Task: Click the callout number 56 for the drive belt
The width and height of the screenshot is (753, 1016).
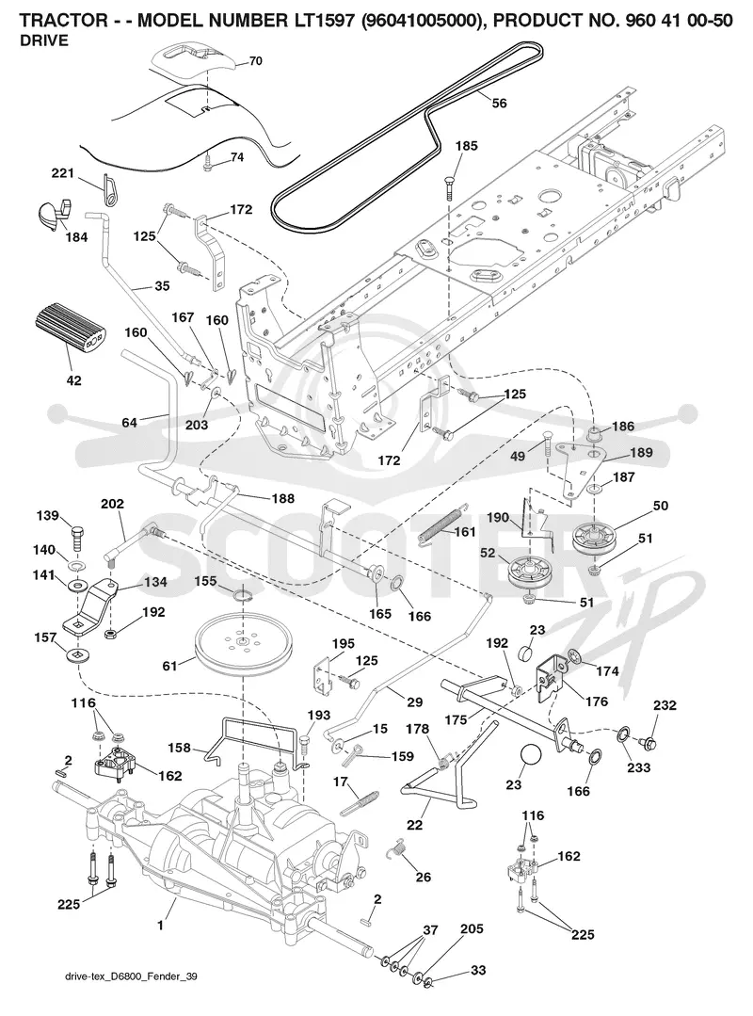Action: (x=499, y=103)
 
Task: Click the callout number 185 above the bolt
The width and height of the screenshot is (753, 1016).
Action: (x=466, y=146)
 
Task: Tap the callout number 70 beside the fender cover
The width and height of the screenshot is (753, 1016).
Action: (x=255, y=61)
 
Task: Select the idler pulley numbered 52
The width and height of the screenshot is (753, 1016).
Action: (x=530, y=571)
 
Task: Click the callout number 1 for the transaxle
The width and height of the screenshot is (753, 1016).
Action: (x=160, y=926)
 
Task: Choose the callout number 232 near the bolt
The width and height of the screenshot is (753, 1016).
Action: (x=665, y=705)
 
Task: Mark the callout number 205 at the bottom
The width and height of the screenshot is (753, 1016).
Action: (x=472, y=928)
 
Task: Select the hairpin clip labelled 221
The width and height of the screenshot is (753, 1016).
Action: (x=111, y=190)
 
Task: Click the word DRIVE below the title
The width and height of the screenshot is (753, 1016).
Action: (x=43, y=40)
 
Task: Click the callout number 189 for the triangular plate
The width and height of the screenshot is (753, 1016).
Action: (x=641, y=452)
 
